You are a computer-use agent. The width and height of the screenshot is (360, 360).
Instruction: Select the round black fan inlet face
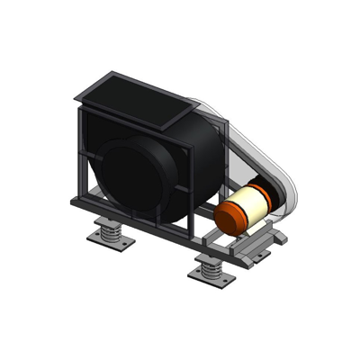click(131, 175)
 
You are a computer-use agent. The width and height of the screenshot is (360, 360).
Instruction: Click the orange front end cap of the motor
click(230, 218)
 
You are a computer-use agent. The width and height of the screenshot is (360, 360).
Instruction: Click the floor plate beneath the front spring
click(212, 277)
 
